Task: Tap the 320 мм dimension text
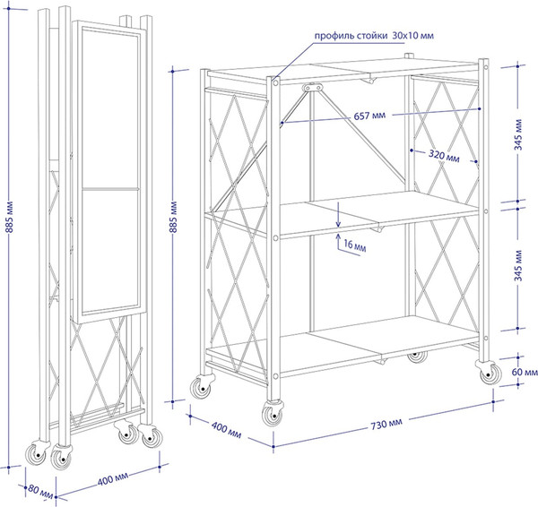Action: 443,154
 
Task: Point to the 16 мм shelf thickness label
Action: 354,245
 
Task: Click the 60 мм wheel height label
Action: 524,371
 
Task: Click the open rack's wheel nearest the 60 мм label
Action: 489,372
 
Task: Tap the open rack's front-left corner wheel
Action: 197,390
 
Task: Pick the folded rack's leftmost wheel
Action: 37,454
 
